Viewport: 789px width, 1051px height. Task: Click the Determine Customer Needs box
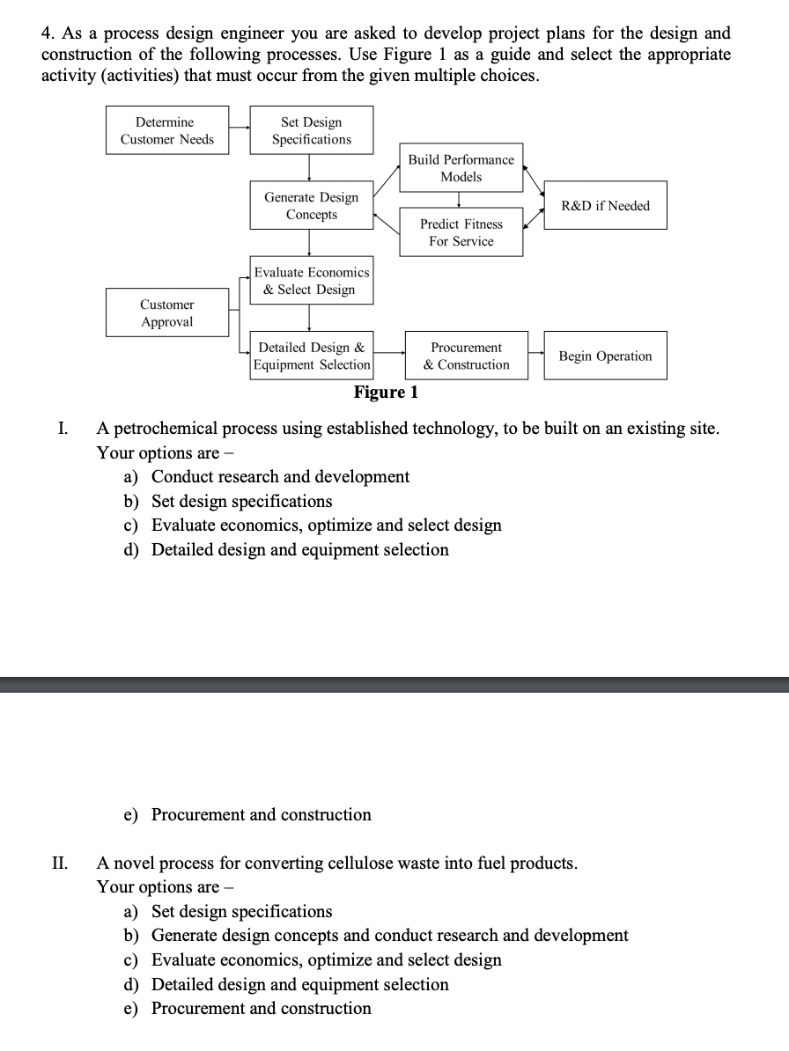tap(167, 130)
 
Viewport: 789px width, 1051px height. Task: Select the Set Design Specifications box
tap(311, 130)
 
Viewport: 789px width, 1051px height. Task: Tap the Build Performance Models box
tap(461, 167)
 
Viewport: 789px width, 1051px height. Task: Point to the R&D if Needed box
tap(605, 205)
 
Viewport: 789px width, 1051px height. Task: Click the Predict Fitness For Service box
tap(461, 232)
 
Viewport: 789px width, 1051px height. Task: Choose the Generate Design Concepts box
tap(311, 206)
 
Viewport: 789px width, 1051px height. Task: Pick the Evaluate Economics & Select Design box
tap(311, 281)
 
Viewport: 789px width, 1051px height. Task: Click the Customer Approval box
tap(167, 312)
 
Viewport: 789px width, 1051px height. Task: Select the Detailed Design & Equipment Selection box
tap(311, 356)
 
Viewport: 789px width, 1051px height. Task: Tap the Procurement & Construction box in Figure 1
tap(466, 356)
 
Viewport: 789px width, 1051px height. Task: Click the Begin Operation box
tap(605, 356)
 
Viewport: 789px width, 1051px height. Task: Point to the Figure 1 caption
tap(386, 392)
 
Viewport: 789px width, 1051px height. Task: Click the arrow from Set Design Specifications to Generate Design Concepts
tap(309, 168)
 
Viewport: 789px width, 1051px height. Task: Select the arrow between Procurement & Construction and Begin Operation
tap(536, 356)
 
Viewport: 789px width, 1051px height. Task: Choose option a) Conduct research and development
tap(280, 476)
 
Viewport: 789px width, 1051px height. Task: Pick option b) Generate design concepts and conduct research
tap(389, 935)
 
